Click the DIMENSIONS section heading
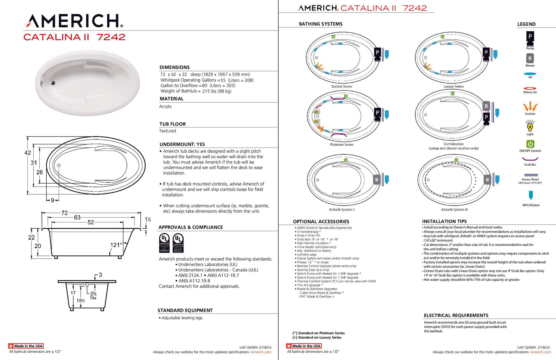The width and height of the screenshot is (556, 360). click(175, 67)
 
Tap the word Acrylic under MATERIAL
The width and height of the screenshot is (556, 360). click(166, 106)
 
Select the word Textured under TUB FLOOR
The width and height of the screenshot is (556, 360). click(168, 131)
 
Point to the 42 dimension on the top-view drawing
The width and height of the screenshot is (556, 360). click(28, 153)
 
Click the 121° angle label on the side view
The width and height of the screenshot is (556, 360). click(116, 245)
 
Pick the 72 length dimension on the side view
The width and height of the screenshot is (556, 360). click(64, 213)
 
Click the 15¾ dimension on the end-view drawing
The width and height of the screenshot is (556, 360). click(80, 301)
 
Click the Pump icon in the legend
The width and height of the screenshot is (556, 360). click(530, 37)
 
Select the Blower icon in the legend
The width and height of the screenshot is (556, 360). click(530, 59)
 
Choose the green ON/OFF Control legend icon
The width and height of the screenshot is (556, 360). click(530, 144)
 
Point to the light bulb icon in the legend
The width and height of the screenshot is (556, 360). click(530, 126)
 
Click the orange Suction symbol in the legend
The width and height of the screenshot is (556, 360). click(530, 107)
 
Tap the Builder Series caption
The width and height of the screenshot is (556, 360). click(342, 86)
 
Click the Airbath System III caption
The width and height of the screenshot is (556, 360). click(454, 209)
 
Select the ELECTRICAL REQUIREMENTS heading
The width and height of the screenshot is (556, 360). click(456, 316)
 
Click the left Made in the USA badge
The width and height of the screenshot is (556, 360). click(26, 346)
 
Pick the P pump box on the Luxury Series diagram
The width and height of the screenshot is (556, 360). click(486, 53)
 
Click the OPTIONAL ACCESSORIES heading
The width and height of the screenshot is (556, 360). click(321, 222)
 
